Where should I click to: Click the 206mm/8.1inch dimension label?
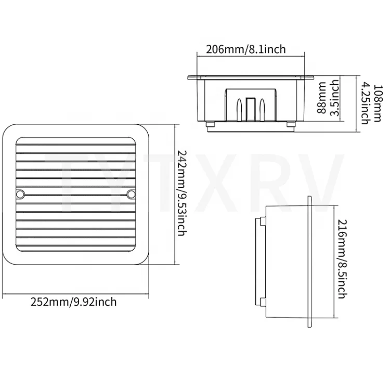coord(245,49)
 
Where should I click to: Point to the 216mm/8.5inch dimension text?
coord(341,258)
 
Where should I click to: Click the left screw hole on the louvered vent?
coord(21,194)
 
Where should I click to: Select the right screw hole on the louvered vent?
coord(131,194)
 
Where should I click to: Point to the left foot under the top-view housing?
coord(210,125)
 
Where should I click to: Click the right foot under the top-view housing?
coord(289,125)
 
